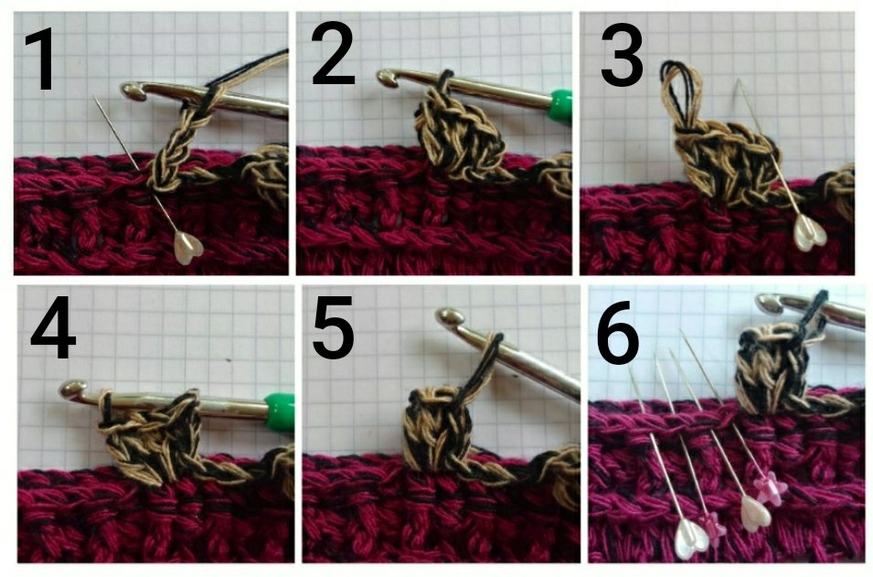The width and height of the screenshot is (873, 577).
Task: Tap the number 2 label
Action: tap(333, 57)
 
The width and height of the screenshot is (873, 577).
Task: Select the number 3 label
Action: tap(622, 57)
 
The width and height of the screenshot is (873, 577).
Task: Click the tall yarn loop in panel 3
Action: tap(677, 91)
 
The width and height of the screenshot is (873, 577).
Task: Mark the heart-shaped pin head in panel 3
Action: tap(809, 232)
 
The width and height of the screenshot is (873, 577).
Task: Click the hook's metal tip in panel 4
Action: tap(69, 390)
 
